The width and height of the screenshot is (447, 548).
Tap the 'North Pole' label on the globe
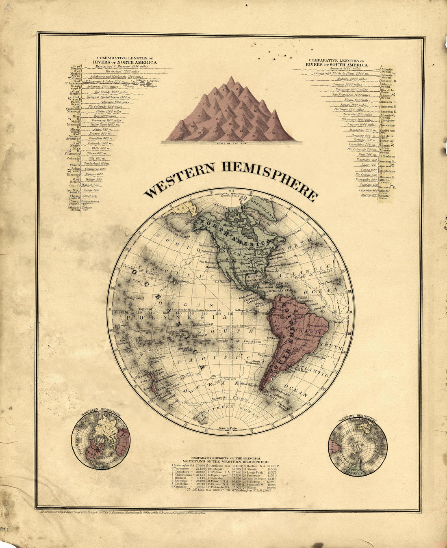[231, 196]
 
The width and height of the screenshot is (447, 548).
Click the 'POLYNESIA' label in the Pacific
[171, 318]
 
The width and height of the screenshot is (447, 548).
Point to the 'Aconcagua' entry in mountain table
[182, 465]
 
